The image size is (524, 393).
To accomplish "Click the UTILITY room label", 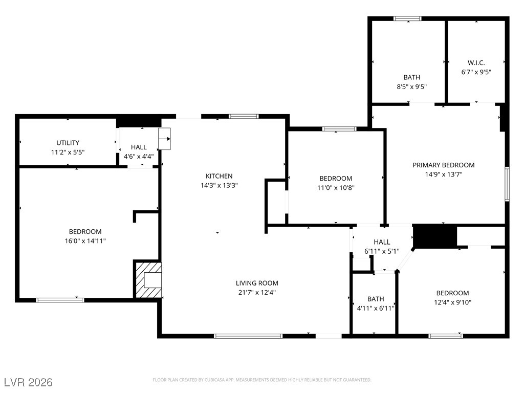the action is [x=68, y=143].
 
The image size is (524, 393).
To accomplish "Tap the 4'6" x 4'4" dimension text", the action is [x=139, y=156].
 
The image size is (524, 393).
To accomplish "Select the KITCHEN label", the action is [x=219, y=176].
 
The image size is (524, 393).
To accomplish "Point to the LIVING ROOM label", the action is [x=257, y=283].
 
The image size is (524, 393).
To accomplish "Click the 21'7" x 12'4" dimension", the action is [x=257, y=292].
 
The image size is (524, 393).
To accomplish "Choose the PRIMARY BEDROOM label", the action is [x=444, y=165].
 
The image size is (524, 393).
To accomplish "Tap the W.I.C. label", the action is [x=476, y=62].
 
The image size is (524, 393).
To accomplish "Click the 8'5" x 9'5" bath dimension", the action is [x=412, y=86].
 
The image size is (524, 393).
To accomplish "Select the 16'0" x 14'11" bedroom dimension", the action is [x=85, y=241].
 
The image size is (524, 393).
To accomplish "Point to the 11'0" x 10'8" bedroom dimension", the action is [x=336, y=188].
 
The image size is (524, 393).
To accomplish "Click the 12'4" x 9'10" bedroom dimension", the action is [x=453, y=302].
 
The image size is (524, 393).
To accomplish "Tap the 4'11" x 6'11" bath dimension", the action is [x=376, y=309].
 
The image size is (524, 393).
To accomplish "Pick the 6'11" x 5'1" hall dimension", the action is [x=382, y=251].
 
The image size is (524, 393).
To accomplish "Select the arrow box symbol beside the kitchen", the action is [x=164, y=139].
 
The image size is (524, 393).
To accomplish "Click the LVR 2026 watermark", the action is [x=29, y=382].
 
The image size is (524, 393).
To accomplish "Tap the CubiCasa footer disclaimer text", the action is [x=262, y=380].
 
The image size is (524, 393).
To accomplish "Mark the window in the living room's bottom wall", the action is [x=248, y=336].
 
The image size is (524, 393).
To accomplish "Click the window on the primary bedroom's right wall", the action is [x=507, y=184].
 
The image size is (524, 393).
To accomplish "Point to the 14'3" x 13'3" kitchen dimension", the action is [x=219, y=185].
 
